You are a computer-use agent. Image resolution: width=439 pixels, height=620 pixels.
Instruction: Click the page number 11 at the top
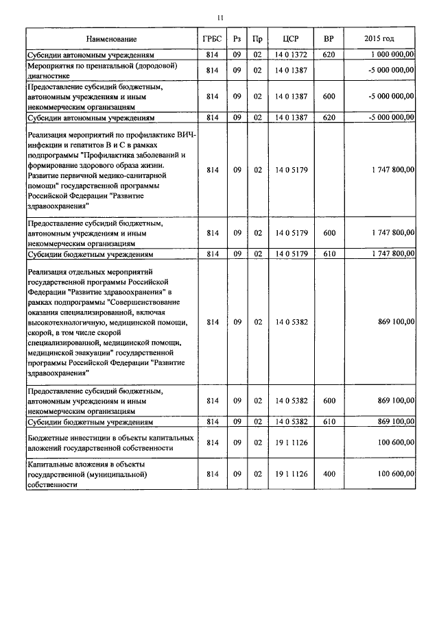pyautogui.click(x=219, y=18)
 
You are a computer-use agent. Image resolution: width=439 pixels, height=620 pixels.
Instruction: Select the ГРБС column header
pyautogui.click(x=212, y=39)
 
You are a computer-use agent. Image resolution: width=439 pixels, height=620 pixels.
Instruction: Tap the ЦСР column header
pyautogui.click(x=290, y=39)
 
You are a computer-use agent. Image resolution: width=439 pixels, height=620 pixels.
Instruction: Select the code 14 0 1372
pyautogui.click(x=290, y=53)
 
